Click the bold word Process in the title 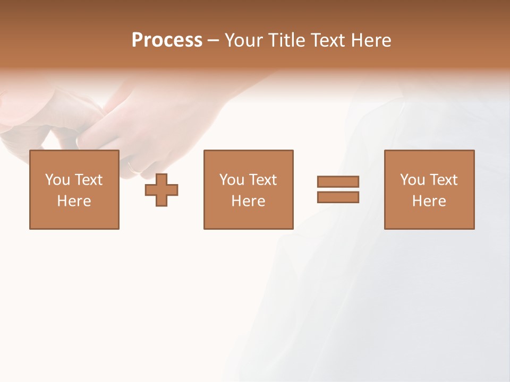167,40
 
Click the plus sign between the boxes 161,189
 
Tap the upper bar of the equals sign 338,182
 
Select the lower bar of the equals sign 338,197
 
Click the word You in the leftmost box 58,180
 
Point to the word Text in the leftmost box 88,180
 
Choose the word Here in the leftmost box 74,201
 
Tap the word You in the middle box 232,180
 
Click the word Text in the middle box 262,180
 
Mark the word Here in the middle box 248,201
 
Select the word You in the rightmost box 413,180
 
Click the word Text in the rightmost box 443,180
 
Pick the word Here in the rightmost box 429,201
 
